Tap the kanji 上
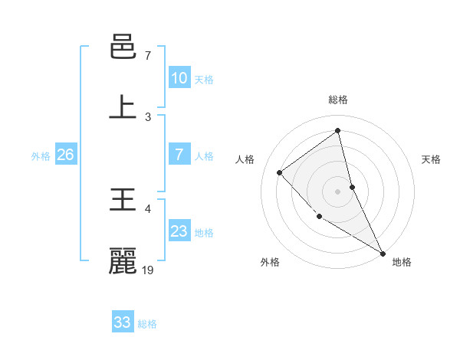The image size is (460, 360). [x=123, y=106]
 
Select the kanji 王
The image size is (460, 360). [x=123, y=201]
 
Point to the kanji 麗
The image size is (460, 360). [x=123, y=260]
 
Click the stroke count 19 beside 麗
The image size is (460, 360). [x=149, y=270]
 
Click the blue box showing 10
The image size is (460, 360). [x=179, y=78]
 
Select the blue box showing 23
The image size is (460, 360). [x=179, y=231]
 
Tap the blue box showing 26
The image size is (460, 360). [x=65, y=155]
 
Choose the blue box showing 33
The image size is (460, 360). [x=122, y=322]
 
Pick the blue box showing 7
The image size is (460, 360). [x=179, y=155]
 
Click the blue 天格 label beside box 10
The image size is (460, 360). [x=204, y=80]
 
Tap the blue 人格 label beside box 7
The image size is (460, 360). [x=204, y=156]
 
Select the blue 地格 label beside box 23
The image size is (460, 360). [x=204, y=233]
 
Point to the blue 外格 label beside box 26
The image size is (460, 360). [x=41, y=156]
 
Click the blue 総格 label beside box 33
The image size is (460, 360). [x=147, y=324]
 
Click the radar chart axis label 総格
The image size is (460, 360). [x=338, y=100]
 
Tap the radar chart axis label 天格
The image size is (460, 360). [x=432, y=159]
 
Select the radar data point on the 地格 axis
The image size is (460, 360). [x=383, y=253]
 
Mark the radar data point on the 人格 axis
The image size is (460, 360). [x=280, y=172]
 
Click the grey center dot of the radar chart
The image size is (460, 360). [x=338, y=191]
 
